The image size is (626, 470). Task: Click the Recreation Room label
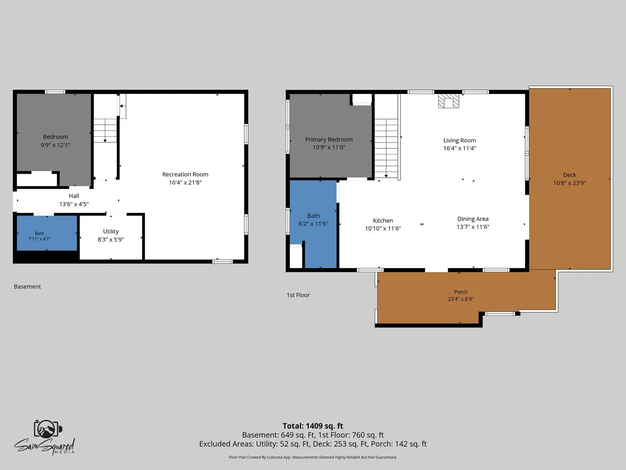(185, 175)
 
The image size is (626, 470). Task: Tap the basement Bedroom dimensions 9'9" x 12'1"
(55, 145)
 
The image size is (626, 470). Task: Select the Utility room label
(111, 232)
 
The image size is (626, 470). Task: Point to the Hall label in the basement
(74, 196)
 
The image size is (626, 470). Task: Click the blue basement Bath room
(47, 233)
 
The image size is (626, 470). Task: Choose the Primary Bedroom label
(329, 140)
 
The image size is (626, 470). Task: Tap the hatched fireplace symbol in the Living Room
(449, 101)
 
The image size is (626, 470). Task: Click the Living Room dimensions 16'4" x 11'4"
(460, 148)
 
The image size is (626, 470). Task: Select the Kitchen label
(383, 221)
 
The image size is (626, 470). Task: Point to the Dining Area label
(473, 219)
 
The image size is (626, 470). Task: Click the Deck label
(569, 175)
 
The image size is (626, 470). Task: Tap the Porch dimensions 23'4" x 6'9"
(460, 299)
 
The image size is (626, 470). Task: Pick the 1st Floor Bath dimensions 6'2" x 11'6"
(313, 224)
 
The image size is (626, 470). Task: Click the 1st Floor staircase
(386, 148)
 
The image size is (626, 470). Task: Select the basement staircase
(105, 131)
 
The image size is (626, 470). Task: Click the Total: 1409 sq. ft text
(313, 426)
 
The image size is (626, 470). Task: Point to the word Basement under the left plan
(27, 286)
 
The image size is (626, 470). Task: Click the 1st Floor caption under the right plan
(298, 295)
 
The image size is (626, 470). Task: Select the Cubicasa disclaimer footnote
(313, 457)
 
